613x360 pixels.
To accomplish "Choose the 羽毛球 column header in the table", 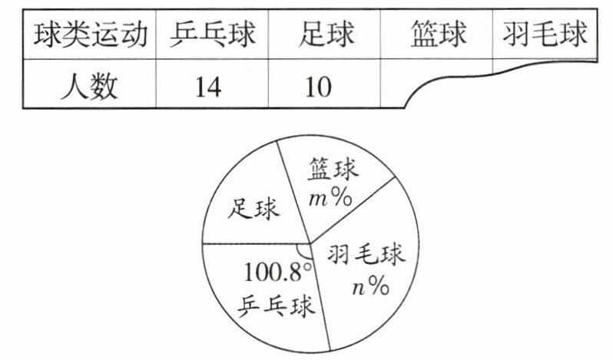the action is point(546,34).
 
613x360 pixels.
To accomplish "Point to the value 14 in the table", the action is point(207,86).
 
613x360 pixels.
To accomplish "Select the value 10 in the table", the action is point(316,86).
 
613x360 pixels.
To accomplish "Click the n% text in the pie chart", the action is point(370,286).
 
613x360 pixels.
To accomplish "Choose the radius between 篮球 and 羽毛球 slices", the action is point(353,210).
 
